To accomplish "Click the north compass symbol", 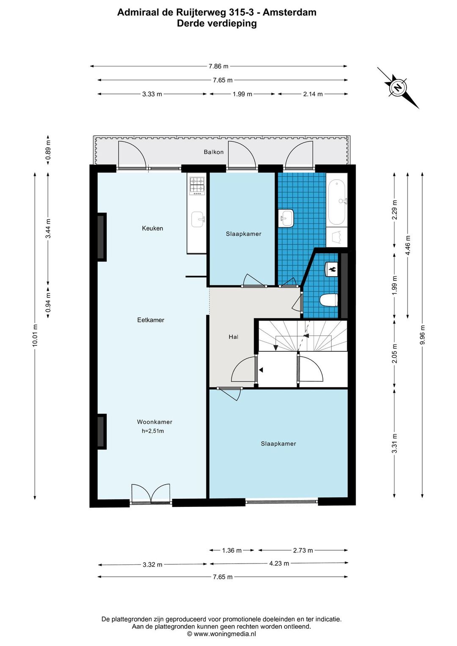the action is tap(398, 88).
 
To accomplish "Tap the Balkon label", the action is tap(213, 152).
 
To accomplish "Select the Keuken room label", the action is tap(152, 228).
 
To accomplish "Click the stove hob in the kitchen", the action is tap(197, 186).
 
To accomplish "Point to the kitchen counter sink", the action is tap(198, 219).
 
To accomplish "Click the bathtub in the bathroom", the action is tap(337, 202).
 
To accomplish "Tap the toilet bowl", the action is tap(329, 299).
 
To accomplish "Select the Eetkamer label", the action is tap(151, 320).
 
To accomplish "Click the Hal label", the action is tap(233, 337).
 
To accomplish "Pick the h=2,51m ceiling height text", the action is tap(153, 431).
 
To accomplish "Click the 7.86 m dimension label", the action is tap(218, 66).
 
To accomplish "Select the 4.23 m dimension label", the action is tap(279, 563).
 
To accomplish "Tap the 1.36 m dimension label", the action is tap(231, 550).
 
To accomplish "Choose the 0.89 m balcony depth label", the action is tap(48, 150).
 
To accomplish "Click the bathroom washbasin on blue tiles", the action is tap(286, 218).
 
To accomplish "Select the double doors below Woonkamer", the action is tap(150, 494).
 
